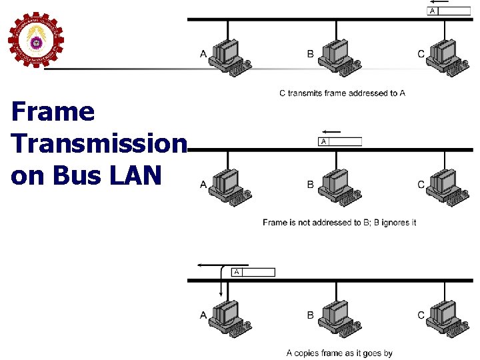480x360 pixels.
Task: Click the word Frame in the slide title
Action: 53,112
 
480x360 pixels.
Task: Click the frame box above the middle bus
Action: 340,141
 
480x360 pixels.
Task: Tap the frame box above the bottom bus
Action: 253,272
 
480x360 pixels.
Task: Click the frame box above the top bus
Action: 448,11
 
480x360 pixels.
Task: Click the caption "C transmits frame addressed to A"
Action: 341,93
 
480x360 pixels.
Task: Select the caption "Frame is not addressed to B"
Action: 339,223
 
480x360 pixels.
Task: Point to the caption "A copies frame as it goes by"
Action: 339,353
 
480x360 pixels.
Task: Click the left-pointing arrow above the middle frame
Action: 331,131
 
